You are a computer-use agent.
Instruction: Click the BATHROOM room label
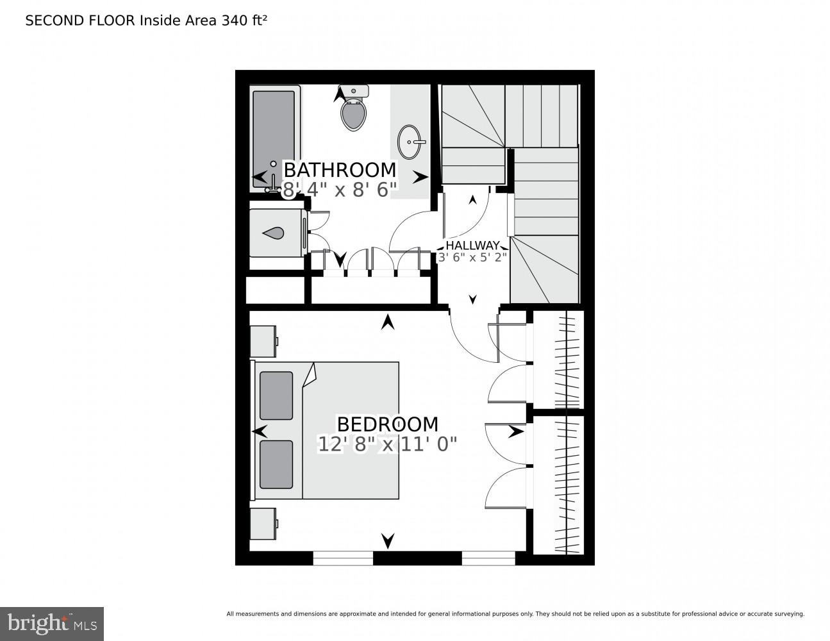340,170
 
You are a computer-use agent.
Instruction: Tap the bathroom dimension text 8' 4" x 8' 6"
340,190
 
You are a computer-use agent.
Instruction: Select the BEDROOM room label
387,424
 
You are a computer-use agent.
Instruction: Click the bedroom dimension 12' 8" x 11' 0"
387,444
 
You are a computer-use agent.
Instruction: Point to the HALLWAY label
472,246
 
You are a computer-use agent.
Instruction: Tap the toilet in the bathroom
353,110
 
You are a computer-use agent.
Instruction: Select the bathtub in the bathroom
274,138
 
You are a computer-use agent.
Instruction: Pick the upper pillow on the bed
276,396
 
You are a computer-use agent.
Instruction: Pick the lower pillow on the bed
276,464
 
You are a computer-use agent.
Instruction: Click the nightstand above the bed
263,341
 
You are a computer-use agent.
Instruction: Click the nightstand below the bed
263,524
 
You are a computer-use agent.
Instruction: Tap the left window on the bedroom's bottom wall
343,558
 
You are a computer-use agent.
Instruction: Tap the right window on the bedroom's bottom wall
488,558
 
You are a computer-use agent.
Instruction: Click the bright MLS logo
51,624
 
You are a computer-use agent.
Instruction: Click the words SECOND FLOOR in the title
80,21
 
